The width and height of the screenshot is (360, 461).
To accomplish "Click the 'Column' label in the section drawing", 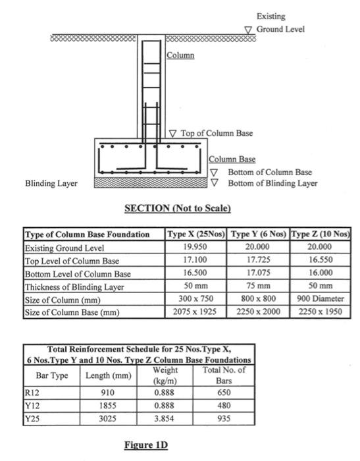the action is click(180, 55).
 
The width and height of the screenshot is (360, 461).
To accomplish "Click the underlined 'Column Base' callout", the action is click(232, 159).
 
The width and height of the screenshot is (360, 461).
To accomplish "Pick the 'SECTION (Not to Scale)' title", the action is click(178, 209).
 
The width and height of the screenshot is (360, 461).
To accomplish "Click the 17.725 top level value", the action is click(259, 261).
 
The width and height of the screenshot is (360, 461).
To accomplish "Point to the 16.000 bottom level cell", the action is click(321, 273).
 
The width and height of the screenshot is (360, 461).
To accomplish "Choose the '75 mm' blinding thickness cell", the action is click(259, 286).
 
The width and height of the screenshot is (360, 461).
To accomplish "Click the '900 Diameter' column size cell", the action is click(321, 299).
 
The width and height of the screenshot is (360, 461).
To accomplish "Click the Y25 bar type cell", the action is click(31, 417).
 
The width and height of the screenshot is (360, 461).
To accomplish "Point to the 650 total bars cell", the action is click(224, 393).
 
